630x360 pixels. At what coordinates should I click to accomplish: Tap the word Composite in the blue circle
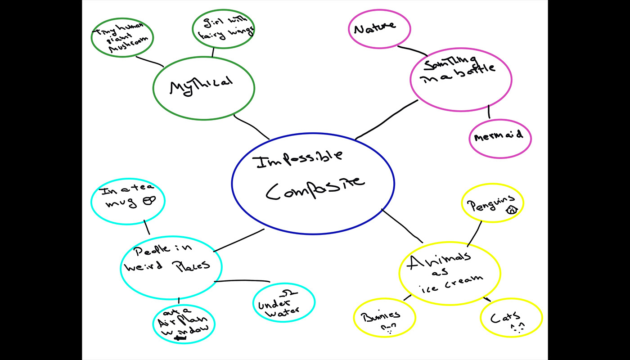[314, 186]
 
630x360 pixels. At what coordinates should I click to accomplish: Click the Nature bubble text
[374, 28]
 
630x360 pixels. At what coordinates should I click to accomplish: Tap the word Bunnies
[383, 315]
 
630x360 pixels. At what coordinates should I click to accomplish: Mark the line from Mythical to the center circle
[251, 127]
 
